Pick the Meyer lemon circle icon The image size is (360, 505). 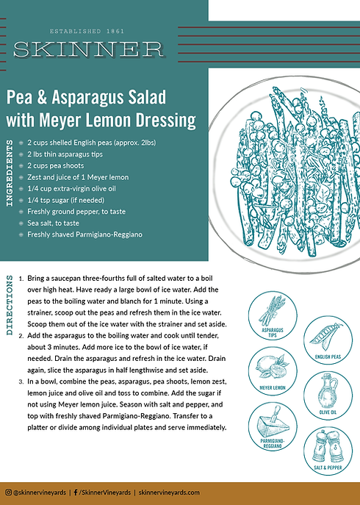click(x=273, y=370)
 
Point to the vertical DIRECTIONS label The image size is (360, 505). click(x=10, y=304)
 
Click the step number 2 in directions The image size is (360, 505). click(x=21, y=334)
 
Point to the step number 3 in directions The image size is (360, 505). click(x=21, y=382)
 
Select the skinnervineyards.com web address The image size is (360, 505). click(x=169, y=493)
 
